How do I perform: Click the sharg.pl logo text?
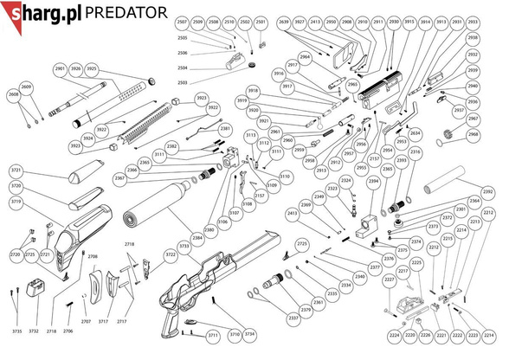[42, 12]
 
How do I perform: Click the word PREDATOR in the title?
[126, 12]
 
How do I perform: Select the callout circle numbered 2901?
[60, 68]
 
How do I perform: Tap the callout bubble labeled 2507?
[181, 21]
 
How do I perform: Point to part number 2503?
[183, 81]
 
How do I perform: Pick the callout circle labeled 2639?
[285, 21]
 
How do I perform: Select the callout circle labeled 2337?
[293, 318]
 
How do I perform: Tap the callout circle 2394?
[374, 182]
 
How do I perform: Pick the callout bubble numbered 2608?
[13, 93]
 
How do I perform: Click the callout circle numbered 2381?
[225, 128]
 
